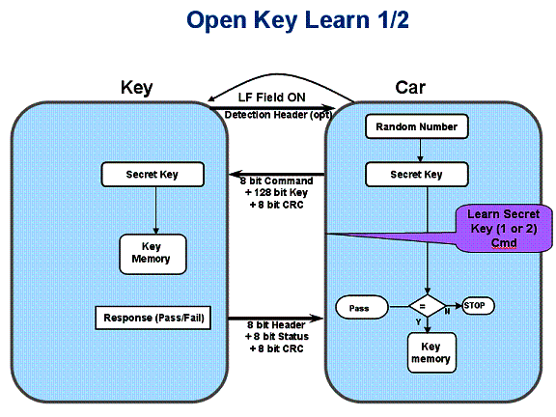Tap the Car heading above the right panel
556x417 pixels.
pyautogui.click(x=410, y=88)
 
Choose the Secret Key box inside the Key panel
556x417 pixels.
pyautogui.click(x=153, y=175)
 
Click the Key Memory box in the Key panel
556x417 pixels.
pyautogui.click(x=151, y=252)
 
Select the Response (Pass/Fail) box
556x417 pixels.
pyautogui.click(x=153, y=318)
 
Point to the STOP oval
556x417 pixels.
pyautogui.click(x=479, y=305)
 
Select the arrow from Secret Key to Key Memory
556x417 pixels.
pyautogui.click(x=155, y=209)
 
